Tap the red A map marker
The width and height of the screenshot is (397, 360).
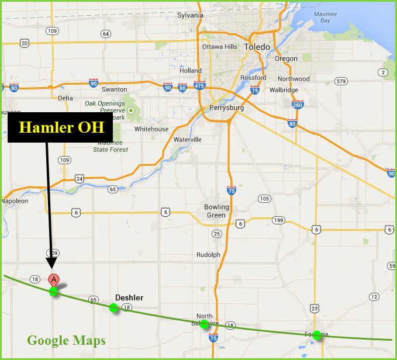(54, 280)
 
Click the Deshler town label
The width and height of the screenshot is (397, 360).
(129, 298)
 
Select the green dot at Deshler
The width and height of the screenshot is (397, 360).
(113, 307)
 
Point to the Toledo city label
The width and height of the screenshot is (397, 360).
(257, 47)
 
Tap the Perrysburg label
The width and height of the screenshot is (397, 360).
(225, 108)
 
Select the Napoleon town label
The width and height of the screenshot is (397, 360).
(15, 201)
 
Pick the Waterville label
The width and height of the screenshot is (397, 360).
(187, 140)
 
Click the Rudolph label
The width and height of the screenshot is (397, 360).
(208, 255)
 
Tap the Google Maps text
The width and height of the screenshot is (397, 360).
(66, 340)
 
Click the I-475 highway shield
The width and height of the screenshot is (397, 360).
(199, 86)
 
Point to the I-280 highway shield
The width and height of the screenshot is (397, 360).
(298, 105)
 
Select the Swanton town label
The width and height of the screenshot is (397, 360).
(114, 89)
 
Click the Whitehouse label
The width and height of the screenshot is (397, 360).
(151, 129)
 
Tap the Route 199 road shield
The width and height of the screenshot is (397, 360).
(278, 220)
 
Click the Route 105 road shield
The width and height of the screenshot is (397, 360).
(264, 199)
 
